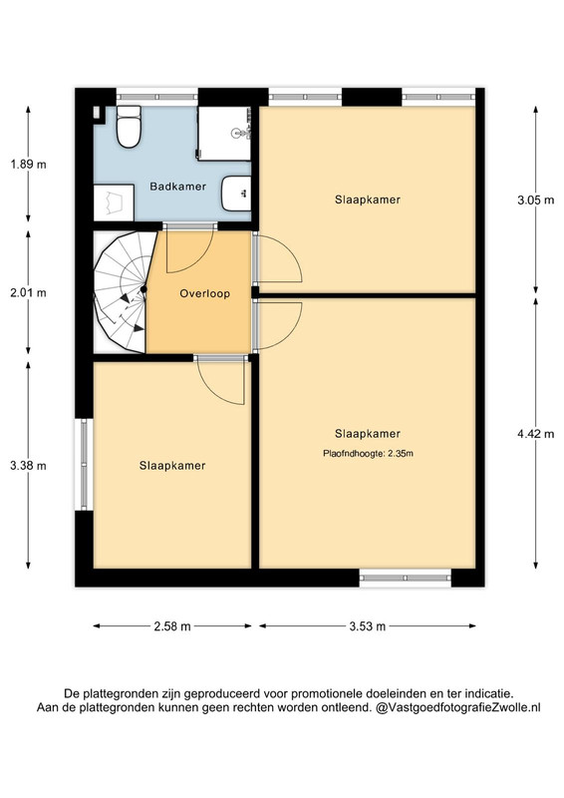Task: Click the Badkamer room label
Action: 178,187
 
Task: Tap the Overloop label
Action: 205,293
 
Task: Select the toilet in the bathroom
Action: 129,127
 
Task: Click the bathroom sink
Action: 236,194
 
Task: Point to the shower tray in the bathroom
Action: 224,134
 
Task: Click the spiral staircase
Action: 125,292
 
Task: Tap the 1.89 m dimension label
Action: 28,165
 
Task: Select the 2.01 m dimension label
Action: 28,292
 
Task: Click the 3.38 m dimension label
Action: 28,466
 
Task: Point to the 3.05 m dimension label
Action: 535,200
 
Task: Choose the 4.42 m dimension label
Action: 535,434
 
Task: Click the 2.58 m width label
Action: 172,626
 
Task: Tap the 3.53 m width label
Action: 367,626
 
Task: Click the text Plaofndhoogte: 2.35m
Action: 368,453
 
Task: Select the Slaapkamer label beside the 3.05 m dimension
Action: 368,199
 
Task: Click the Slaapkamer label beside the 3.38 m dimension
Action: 172,466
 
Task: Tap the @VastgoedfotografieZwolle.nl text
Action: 457,707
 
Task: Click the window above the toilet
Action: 157,96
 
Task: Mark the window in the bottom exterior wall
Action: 406,578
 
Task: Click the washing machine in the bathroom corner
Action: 114,202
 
